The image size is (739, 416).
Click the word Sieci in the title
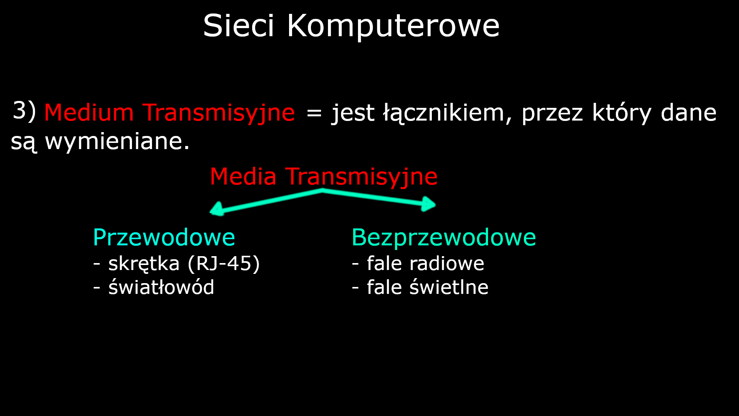tap(238, 26)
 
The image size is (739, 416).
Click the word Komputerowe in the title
tap(393, 26)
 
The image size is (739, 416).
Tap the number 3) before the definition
tap(24, 111)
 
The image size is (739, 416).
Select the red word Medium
tap(89, 113)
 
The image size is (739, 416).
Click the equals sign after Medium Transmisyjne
tap(314, 113)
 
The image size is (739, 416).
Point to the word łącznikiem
tap(444, 113)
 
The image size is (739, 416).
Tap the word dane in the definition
tap(688, 113)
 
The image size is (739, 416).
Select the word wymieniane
tap(117, 141)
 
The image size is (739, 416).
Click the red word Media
tap(243, 177)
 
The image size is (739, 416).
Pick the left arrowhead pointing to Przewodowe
tap(217, 209)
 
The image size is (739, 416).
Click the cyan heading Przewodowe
tap(164, 237)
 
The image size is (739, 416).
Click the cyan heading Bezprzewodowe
tap(443, 237)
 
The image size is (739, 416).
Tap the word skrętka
tap(144, 264)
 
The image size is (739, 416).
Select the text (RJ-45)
tap(224, 264)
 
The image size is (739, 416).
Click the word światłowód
tap(161, 287)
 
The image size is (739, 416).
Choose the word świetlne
tap(448, 287)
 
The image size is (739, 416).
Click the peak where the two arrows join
tap(323, 191)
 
